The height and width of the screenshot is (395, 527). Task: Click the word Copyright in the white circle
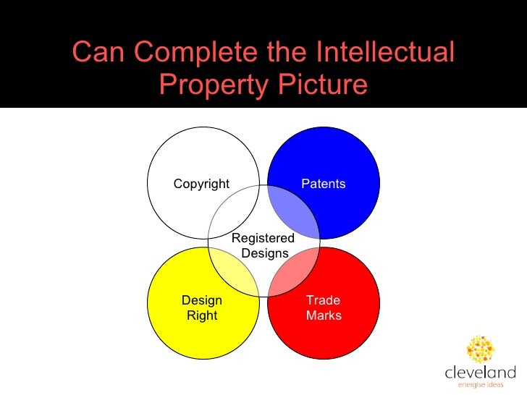(x=201, y=184)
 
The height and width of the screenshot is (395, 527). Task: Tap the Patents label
(x=323, y=184)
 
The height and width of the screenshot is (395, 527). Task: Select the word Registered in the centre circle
(x=263, y=238)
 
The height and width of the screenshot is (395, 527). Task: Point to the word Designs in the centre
(x=264, y=253)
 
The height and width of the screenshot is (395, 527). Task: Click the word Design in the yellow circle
(x=202, y=300)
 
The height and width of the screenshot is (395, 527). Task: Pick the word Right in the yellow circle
(x=202, y=315)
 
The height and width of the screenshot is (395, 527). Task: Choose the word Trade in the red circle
(x=323, y=300)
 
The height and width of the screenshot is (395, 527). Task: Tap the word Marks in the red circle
(x=324, y=315)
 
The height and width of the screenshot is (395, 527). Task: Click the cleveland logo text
(x=480, y=373)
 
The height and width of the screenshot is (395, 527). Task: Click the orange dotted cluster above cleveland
(x=481, y=349)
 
